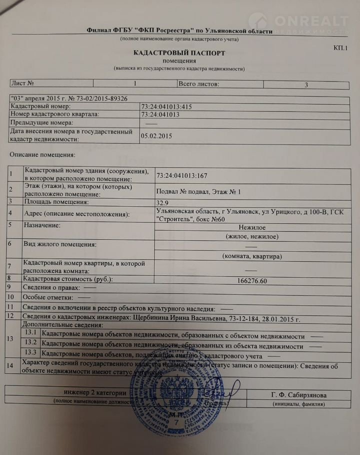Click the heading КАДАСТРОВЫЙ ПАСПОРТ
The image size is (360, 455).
click(x=179, y=52)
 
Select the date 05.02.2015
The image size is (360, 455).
click(x=156, y=135)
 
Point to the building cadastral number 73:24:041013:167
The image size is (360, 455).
click(x=181, y=175)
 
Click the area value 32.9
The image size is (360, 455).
click(x=163, y=202)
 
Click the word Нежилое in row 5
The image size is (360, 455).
click(x=252, y=226)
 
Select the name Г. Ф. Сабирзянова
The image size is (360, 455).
click(x=298, y=395)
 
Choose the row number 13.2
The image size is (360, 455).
click(x=31, y=343)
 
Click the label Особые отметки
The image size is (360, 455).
click(x=47, y=297)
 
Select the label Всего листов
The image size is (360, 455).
click(x=198, y=83)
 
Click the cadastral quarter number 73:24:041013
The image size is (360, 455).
click(x=160, y=114)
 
